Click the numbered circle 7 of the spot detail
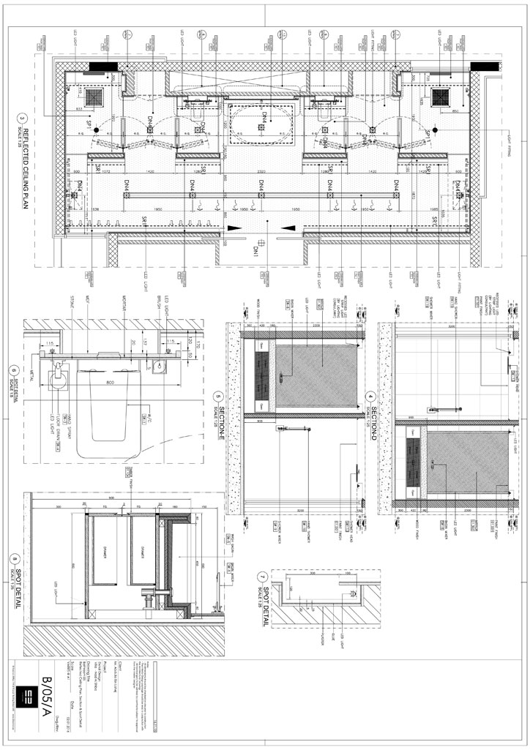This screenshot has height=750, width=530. pyautogui.click(x=264, y=578)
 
